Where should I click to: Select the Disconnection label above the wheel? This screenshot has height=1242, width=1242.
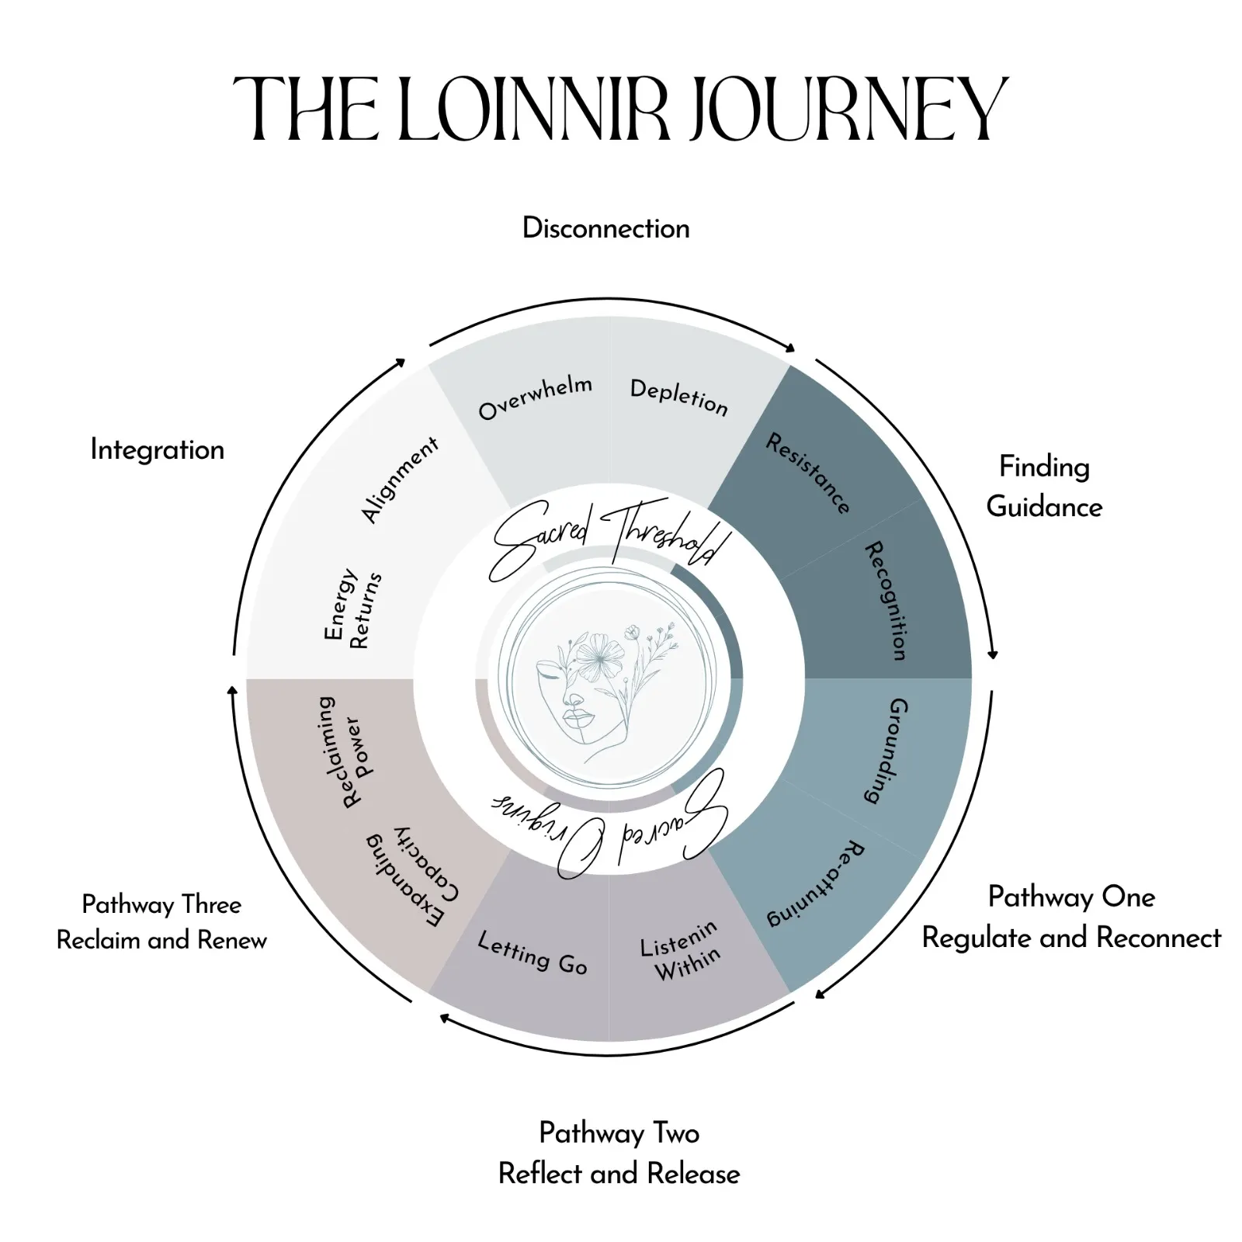coord(605,228)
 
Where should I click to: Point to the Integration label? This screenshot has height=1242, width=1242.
coord(157,449)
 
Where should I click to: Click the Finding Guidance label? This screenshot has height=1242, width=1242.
coord(1044,487)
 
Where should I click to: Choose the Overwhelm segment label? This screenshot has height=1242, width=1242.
coord(535,397)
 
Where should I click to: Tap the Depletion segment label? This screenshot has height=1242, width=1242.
coord(679,397)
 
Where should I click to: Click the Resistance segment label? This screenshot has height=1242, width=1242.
coord(808,474)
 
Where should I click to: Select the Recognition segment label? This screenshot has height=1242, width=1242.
coord(886,601)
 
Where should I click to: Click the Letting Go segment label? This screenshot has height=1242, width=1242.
coord(533,952)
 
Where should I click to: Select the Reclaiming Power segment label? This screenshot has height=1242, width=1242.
coord(342,751)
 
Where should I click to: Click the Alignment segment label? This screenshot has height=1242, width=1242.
coord(400,479)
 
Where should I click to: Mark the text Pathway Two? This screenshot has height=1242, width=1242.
coord(619,1133)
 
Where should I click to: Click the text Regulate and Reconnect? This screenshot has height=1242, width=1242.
coord(1071,938)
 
